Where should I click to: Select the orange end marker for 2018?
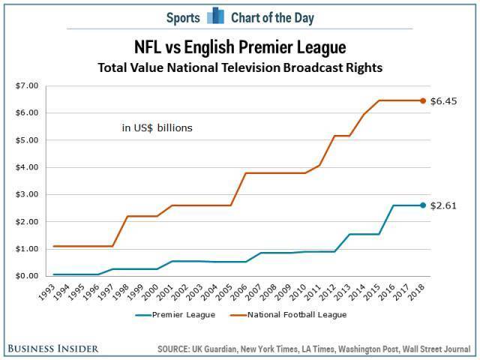click(x=422, y=100)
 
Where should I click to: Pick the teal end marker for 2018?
click(x=422, y=205)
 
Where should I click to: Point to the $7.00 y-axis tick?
click(x=27, y=85)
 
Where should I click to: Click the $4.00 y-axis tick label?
click(x=27, y=167)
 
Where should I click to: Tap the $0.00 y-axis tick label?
click(x=27, y=276)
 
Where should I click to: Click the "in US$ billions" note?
click(x=157, y=128)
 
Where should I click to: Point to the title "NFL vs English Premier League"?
click(x=240, y=48)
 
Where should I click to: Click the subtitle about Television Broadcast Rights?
click(x=240, y=67)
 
